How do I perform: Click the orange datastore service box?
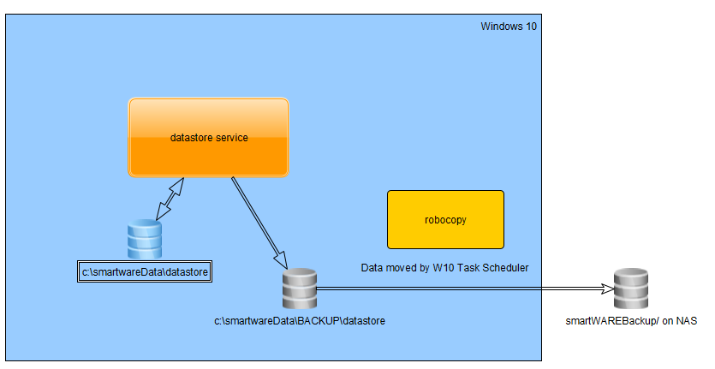click(209, 137)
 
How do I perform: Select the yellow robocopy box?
click(445, 220)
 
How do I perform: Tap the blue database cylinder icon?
click(144, 240)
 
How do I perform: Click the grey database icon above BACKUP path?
click(300, 289)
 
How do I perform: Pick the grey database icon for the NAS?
click(631, 289)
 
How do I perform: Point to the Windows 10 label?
click(509, 27)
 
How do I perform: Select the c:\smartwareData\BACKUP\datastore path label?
click(300, 321)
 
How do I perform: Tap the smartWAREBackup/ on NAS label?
click(631, 321)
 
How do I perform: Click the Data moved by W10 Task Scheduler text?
click(444, 268)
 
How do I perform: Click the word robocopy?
click(445, 220)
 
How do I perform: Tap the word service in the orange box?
click(232, 138)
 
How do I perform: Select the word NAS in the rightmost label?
click(686, 321)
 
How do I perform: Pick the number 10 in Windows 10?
click(531, 27)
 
